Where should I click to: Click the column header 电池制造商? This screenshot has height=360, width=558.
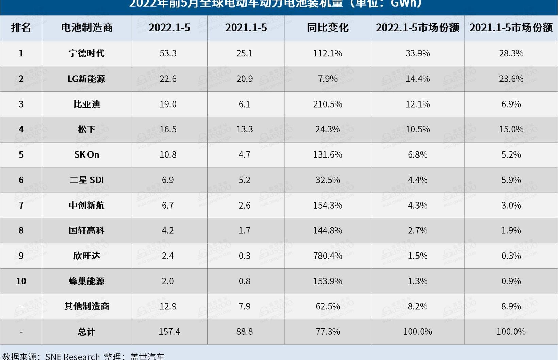(87, 28)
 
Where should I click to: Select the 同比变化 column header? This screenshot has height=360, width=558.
(328, 28)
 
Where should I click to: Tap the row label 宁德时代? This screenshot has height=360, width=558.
(87, 53)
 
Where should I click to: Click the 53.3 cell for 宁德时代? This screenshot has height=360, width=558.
(168, 53)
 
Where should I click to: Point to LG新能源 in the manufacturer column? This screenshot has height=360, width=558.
(86, 79)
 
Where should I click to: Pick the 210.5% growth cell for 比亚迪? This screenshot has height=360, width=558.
(328, 104)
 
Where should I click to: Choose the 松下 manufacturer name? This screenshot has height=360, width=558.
(86, 129)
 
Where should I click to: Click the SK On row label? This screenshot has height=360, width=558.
(86, 155)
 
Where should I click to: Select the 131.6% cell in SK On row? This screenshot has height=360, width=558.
(328, 155)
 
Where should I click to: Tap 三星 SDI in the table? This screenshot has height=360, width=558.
(86, 180)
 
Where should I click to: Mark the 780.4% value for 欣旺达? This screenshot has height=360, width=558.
(328, 256)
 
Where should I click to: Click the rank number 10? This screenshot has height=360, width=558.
(21, 281)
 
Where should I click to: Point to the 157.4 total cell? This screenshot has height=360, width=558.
(169, 332)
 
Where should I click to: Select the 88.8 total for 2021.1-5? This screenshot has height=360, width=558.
(244, 332)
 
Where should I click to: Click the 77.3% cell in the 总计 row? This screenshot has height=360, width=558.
(328, 332)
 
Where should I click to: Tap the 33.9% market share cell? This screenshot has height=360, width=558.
(417, 53)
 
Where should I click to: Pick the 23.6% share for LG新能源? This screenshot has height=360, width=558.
(511, 79)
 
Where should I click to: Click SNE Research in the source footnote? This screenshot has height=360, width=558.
(72, 356)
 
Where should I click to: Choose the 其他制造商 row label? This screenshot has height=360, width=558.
(87, 306)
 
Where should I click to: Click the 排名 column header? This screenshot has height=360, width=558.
(21, 28)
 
